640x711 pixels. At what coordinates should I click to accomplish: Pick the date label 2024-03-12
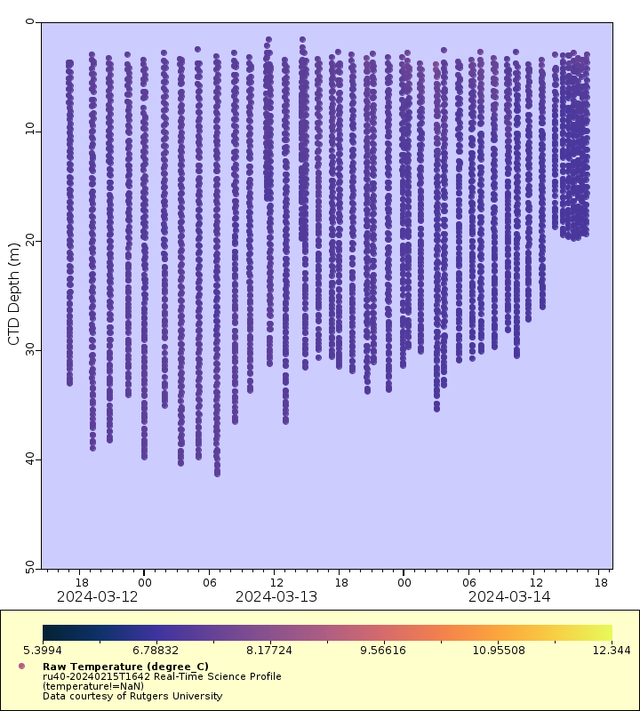click(97, 596)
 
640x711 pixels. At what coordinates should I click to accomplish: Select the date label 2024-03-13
click(276, 596)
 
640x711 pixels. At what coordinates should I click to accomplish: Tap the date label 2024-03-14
click(509, 596)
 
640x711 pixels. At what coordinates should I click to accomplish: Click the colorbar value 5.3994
click(61, 651)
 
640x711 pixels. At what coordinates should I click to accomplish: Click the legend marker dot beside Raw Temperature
click(21, 666)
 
